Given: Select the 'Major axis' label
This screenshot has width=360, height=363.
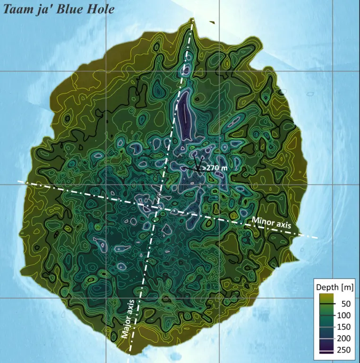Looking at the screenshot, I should click(x=128, y=320).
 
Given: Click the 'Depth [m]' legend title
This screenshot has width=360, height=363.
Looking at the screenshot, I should click(x=334, y=287).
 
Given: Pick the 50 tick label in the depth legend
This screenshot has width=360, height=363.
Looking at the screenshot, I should click(x=345, y=304).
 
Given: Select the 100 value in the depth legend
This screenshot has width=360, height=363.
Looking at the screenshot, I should click(x=343, y=315).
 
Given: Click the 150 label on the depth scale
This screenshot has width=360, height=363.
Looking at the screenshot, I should click(x=343, y=327).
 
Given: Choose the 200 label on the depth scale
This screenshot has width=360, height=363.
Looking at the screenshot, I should click(x=343, y=338).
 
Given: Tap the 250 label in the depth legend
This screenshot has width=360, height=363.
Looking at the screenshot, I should click(x=343, y=349).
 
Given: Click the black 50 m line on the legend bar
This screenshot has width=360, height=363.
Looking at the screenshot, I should click(x=326, y=304).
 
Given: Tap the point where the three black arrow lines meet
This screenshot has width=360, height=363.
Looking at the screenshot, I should click(x=196, y=169).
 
